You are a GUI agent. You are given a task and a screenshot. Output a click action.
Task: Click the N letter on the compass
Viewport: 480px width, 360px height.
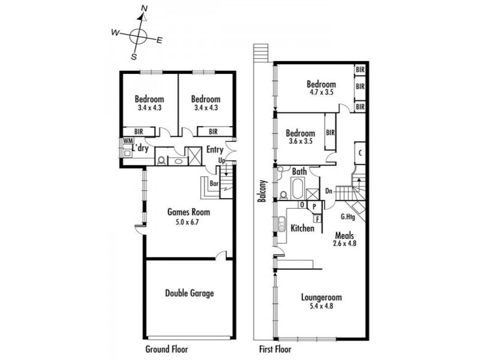point(144,8)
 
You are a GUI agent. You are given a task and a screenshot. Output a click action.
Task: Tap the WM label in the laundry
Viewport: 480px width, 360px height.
point(128,141)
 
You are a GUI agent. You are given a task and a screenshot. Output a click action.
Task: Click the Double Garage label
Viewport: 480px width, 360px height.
point(190,293)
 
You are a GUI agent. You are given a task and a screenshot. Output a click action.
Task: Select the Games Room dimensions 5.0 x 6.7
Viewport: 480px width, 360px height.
point(187,222)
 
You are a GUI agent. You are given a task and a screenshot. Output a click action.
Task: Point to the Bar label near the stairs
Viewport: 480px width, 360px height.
point(214,184)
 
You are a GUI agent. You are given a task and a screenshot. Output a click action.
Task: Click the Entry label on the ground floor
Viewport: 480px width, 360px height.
point(215,149)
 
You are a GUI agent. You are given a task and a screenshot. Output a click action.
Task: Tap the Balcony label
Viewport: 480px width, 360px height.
point(262,191)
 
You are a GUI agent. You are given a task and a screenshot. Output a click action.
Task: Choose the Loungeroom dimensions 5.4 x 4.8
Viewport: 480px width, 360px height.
point(321,306)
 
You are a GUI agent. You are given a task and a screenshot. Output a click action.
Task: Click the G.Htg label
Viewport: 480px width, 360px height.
point(348,217)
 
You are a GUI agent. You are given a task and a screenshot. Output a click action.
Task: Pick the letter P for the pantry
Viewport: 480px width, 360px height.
point(314,206)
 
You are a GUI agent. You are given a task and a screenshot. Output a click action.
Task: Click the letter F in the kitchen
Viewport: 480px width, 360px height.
point(317,219)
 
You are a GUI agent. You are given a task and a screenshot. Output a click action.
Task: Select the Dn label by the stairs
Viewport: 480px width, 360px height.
point(329,191)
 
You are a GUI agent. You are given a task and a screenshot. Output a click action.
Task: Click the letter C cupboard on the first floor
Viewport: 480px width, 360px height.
point(361,153)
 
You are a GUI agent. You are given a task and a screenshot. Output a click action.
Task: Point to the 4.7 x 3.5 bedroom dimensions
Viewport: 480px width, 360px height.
point(321,92)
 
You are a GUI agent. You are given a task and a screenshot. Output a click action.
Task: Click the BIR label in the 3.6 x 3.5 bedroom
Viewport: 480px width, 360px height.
point(331,133)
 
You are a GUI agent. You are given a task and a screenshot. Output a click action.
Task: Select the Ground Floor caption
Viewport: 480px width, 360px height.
point(167,349)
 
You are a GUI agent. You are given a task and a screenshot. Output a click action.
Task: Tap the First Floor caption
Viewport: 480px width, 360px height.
point(275,349)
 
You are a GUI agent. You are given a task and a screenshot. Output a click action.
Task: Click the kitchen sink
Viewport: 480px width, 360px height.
point(281,224)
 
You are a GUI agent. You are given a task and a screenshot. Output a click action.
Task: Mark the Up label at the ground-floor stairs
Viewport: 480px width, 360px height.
point(222,160)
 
